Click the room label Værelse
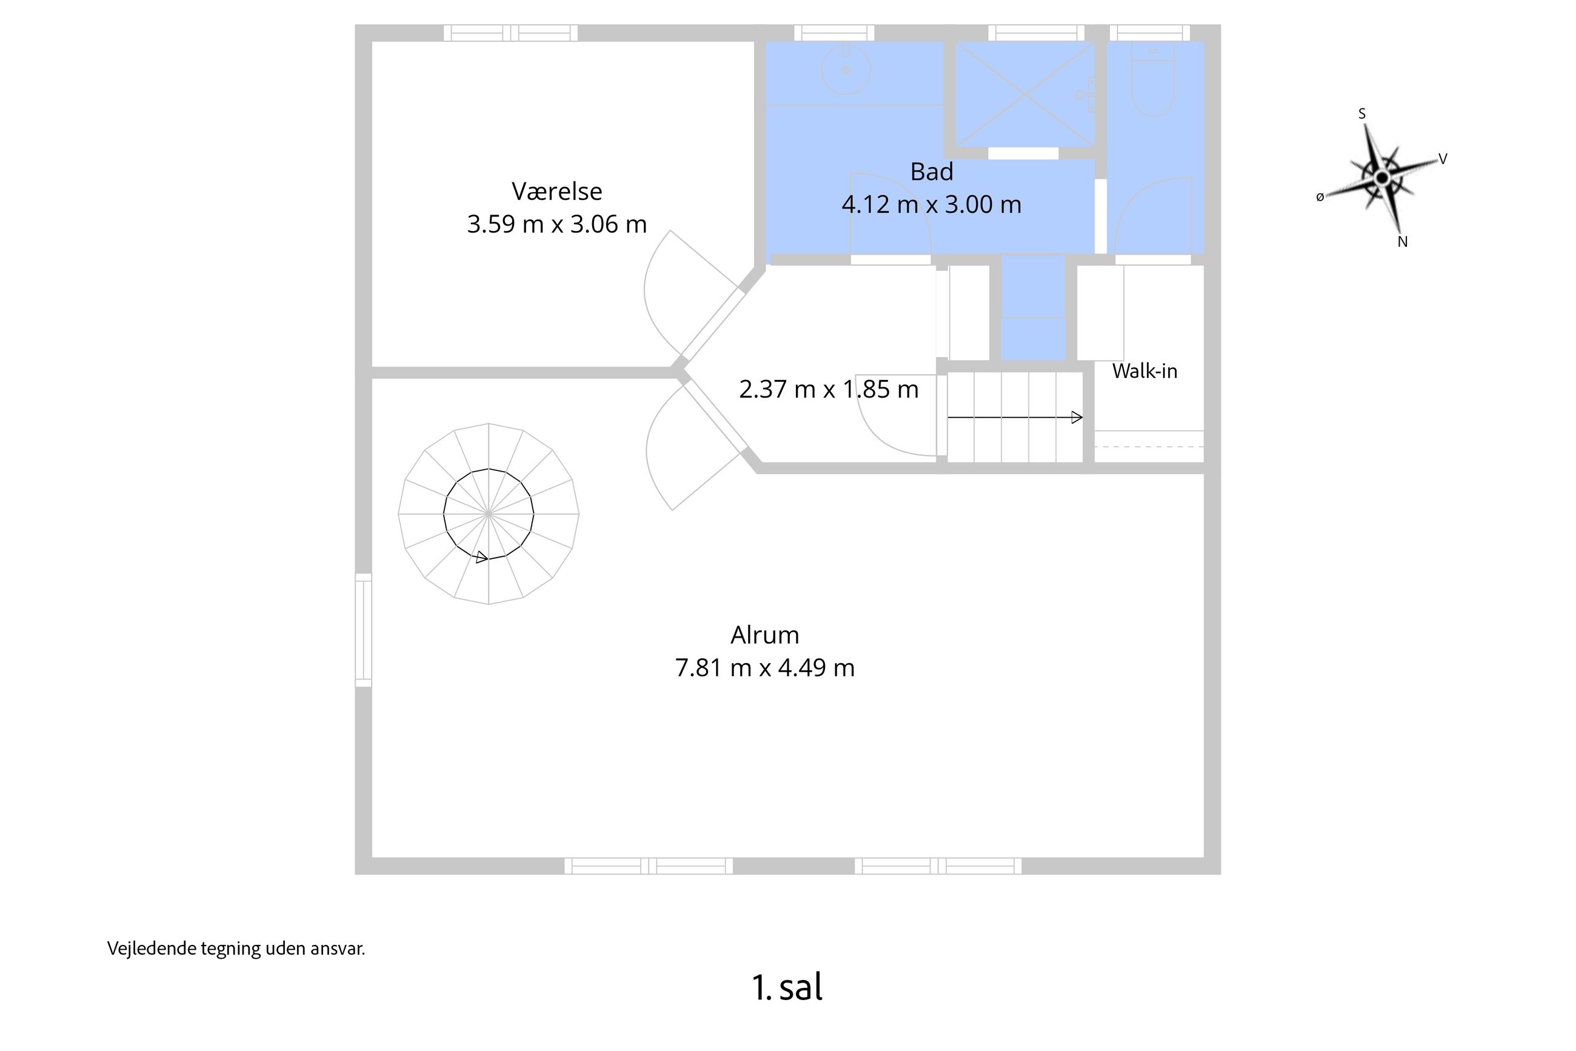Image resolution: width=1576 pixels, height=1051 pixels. pos(556,192)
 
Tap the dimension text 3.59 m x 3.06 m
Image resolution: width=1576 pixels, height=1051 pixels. pos(556,224)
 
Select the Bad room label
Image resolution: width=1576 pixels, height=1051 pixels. pos(931,172)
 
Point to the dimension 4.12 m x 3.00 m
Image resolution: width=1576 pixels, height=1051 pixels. pos(931,204)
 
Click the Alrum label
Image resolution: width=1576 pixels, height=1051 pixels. pos(764,635)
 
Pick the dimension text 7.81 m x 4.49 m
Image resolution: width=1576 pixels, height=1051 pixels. pos(764,667)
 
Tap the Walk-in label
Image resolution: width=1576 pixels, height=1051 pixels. pos(1144,371)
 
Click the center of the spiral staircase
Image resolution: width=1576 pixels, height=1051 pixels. pos(489,513)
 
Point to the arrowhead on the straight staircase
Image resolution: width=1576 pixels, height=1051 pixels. pos(1077,418)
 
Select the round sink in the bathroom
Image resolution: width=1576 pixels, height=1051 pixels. pos(846,69)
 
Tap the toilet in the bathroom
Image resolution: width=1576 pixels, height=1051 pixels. pos(1152,79)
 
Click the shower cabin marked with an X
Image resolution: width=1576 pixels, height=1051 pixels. pos(1025,95)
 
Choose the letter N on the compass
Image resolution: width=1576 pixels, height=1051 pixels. pos(1403,242)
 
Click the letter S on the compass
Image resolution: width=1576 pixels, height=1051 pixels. pos(1361,114)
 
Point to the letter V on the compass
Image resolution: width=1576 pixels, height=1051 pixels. pos(1443,159)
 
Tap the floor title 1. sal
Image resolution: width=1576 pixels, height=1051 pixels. pos(787,987)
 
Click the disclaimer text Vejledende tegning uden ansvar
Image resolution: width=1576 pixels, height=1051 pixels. pos(236,949)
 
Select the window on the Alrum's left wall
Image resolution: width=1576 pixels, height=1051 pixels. pos(363,630)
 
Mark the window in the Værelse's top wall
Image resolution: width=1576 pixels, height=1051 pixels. pos(511,33)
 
